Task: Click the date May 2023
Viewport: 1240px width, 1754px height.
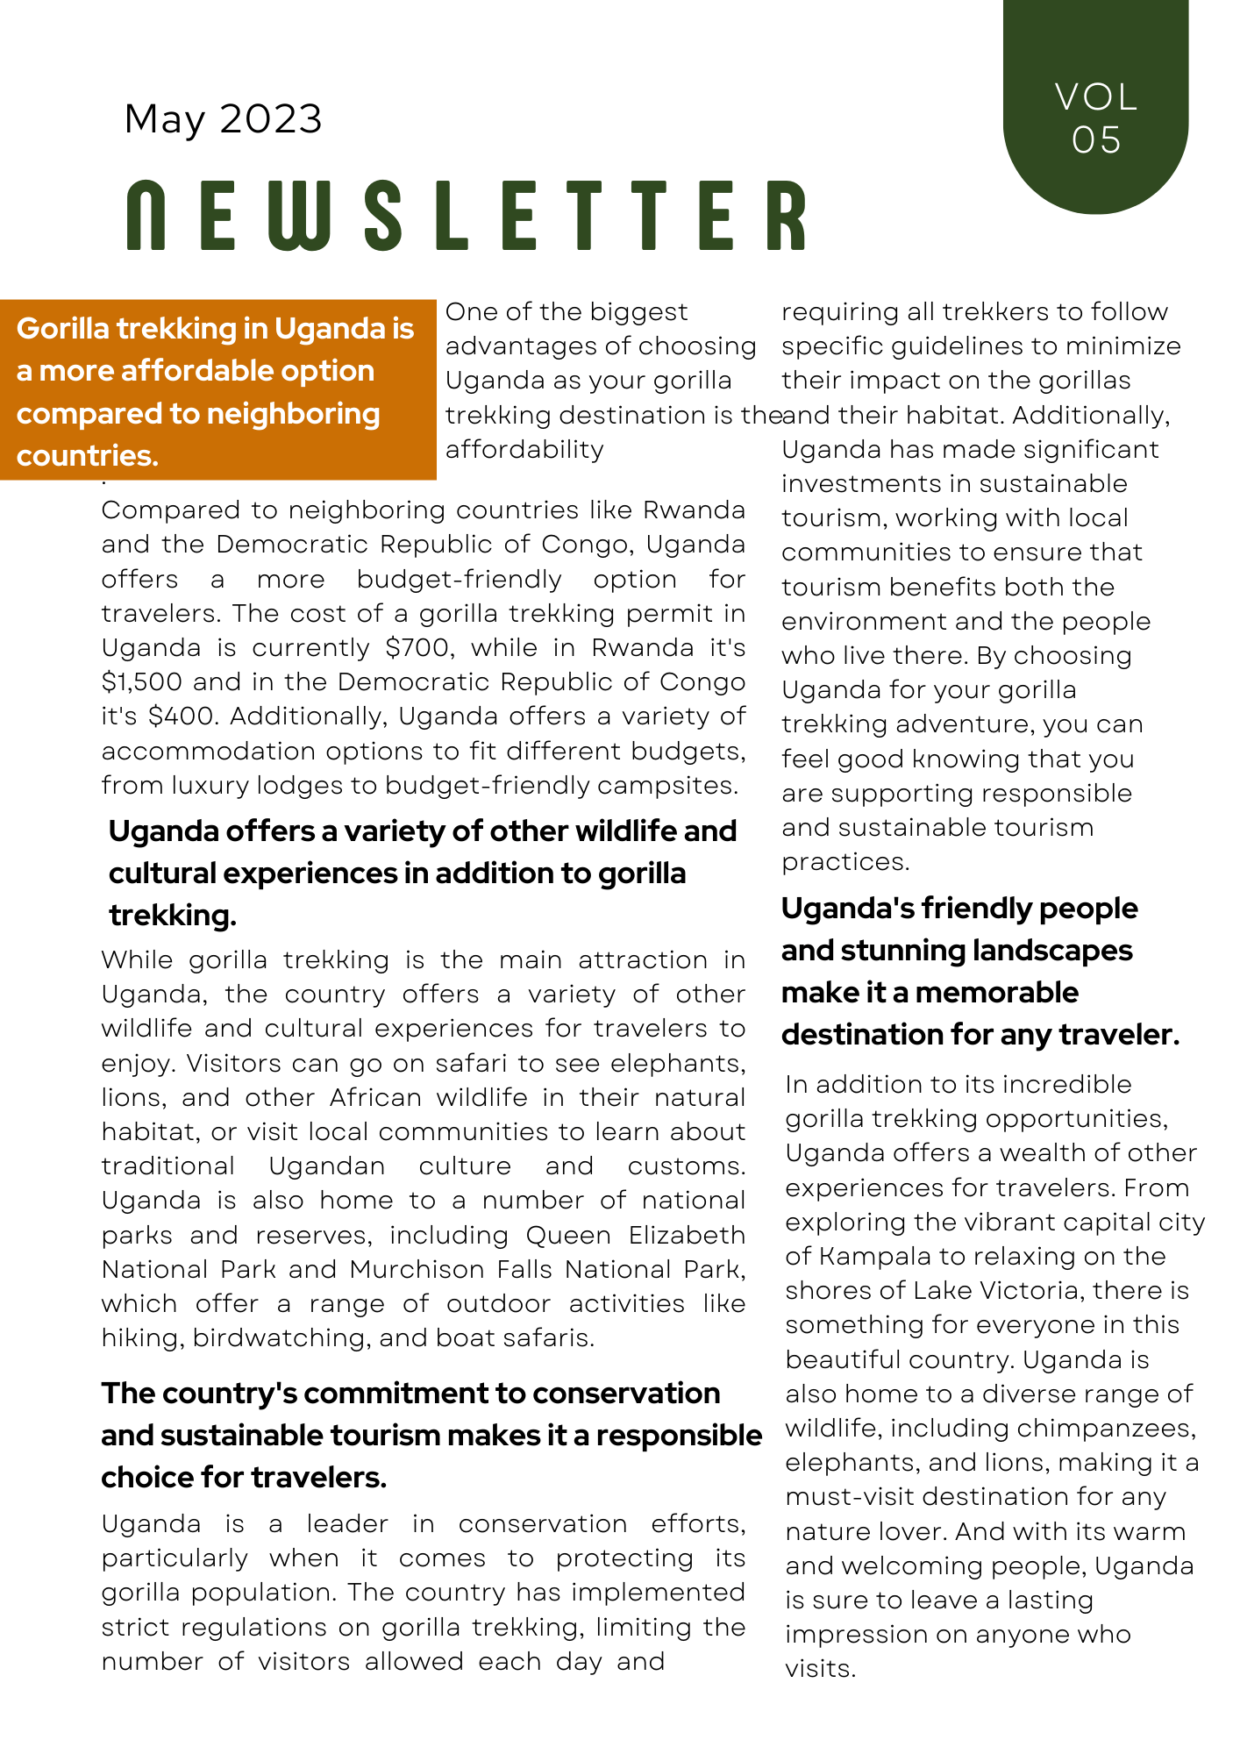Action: click(224, 119)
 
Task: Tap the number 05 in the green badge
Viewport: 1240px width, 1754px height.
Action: click(1096, 140)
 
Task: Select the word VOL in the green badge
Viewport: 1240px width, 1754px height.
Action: click(1096, 96)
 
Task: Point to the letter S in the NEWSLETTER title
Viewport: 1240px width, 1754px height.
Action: click(383, 216)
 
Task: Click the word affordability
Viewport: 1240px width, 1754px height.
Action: click(524, 450)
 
